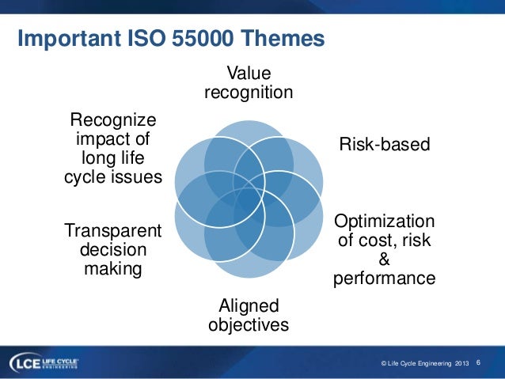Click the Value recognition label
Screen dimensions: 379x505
249,83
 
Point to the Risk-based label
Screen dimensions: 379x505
384,144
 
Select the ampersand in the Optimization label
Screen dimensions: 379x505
385,260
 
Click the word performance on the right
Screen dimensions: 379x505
384,279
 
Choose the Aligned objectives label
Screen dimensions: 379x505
248,315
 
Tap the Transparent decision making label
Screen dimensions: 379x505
112,250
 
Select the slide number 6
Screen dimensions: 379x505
478,362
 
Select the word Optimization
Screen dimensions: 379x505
384,221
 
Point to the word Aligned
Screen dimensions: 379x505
248,305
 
